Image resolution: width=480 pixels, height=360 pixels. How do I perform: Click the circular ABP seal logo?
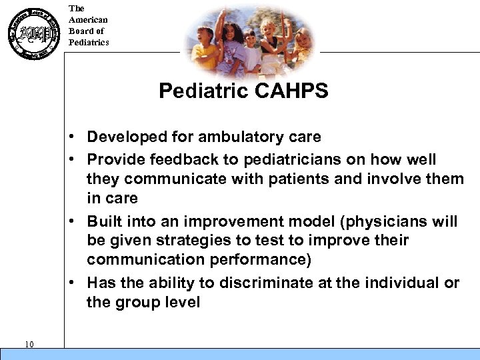[x=32, y=33]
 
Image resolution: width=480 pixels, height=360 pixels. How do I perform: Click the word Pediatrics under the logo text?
[x=89, y=43]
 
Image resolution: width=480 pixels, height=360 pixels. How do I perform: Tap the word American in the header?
[x=88, y=20]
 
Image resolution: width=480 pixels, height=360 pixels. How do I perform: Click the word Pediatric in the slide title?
[x=204, y=91]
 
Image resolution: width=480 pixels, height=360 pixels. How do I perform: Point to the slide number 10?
[x=29, y=344]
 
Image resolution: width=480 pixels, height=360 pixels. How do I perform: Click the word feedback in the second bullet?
[x=175, y=160]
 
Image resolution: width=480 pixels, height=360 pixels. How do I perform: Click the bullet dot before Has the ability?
[x=78, y=283]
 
